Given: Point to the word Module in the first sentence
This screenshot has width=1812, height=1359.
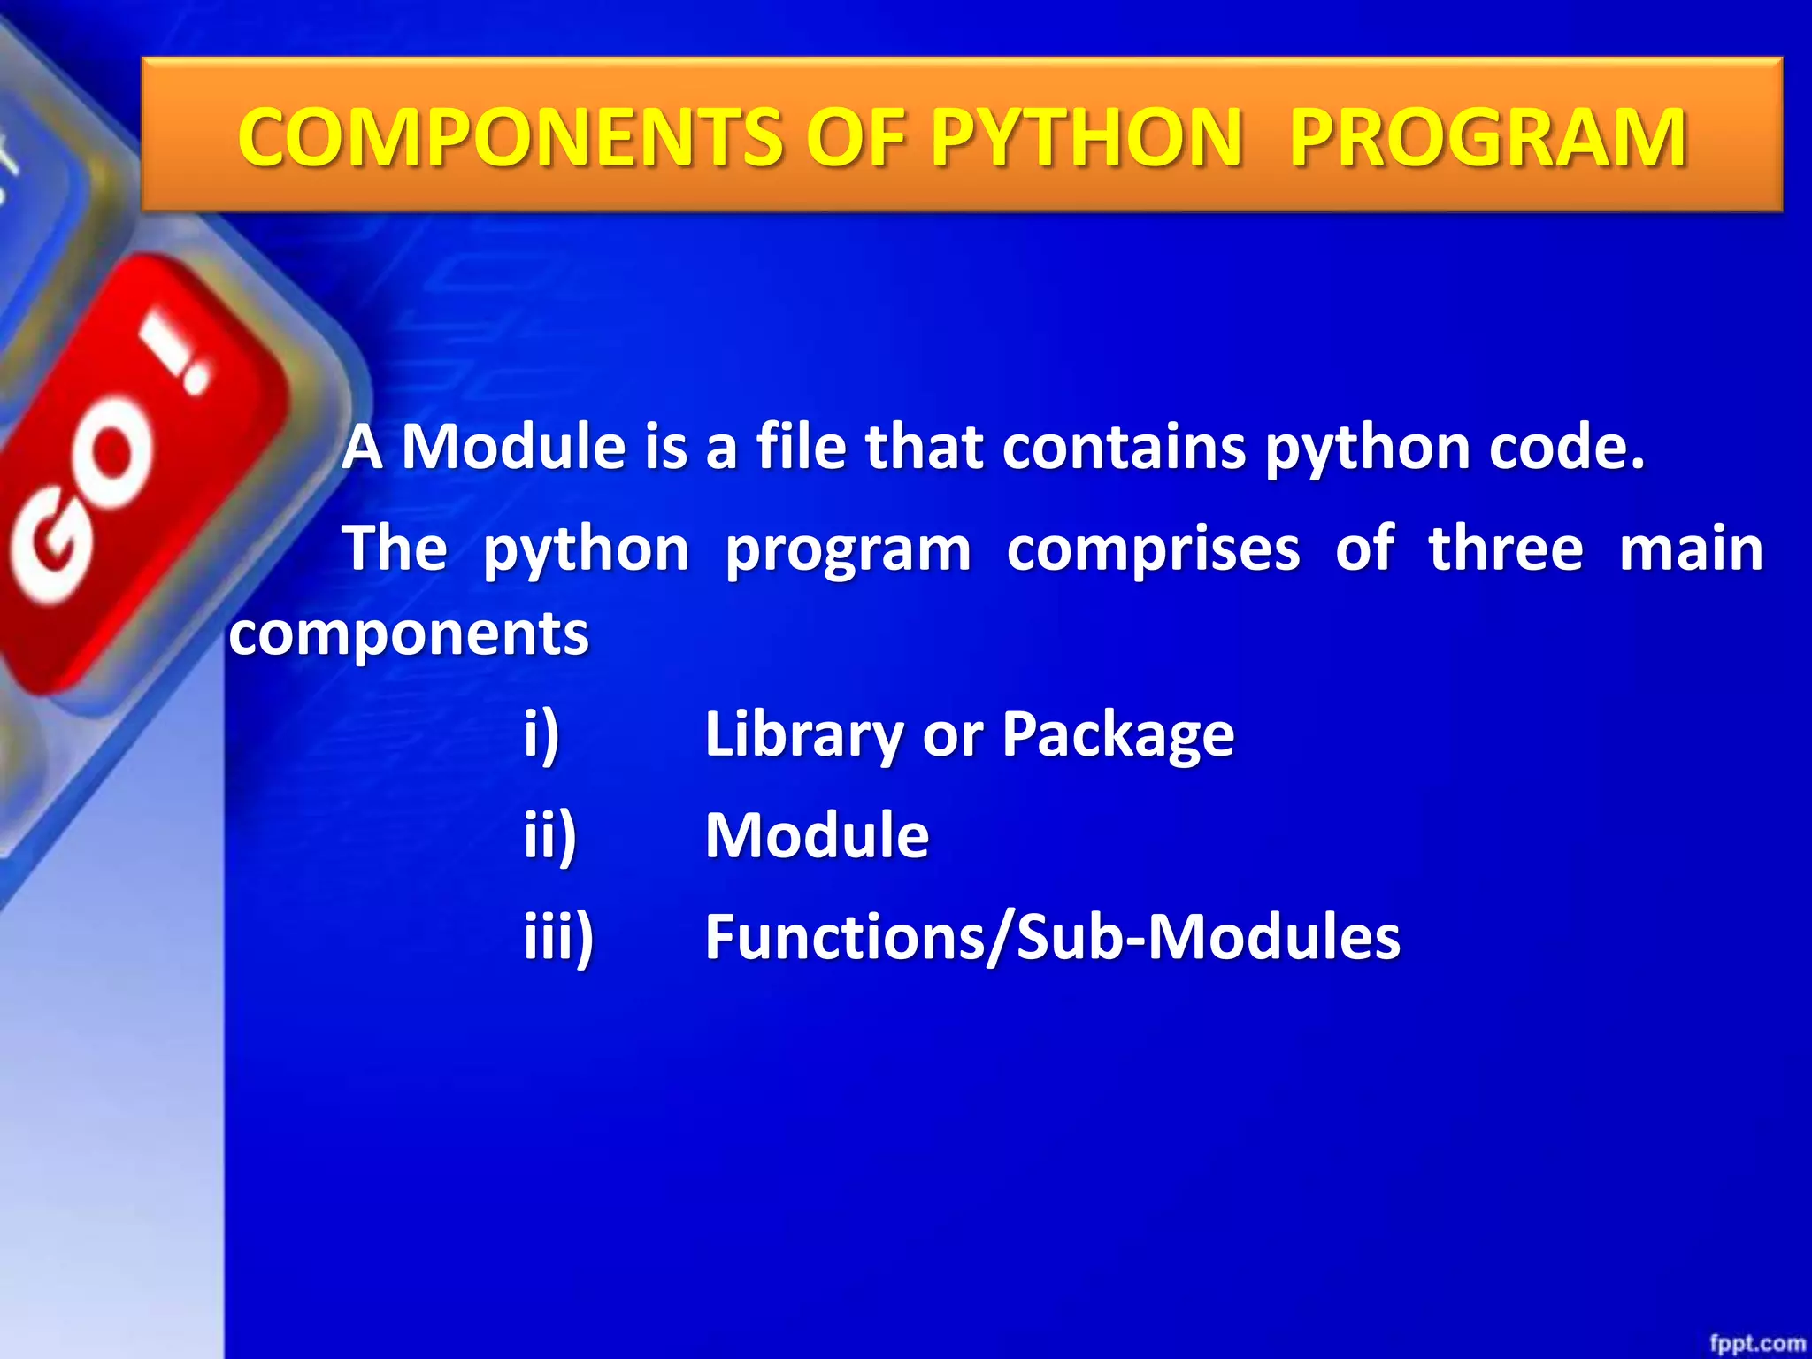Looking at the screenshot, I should pyautogui.click(x=514, y=446).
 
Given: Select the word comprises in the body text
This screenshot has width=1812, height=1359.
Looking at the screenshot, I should pyautogui.click(x=1153, y=549).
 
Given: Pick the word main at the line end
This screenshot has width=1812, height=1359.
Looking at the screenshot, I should pyautogui.click(x=1691, y=549).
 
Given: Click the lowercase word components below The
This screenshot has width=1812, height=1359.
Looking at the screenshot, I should pyautogui.click(x=409, y=635).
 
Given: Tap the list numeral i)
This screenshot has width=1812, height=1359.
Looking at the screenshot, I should pyautogui.click(x=541, y=734).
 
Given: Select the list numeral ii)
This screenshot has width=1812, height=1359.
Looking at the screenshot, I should pyautogui.click(x=549, y=835).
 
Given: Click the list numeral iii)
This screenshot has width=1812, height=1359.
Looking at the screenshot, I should pyautogui.click(x=558, y=938).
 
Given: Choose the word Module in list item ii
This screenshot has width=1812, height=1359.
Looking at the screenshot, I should pyautogui.click(x=817, y=835).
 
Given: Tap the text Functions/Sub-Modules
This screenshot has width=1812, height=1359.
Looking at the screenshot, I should pyautogui.click(x=1052, y=938).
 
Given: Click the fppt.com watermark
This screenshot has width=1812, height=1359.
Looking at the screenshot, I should pyautogui.click(x=1756, y=1344).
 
